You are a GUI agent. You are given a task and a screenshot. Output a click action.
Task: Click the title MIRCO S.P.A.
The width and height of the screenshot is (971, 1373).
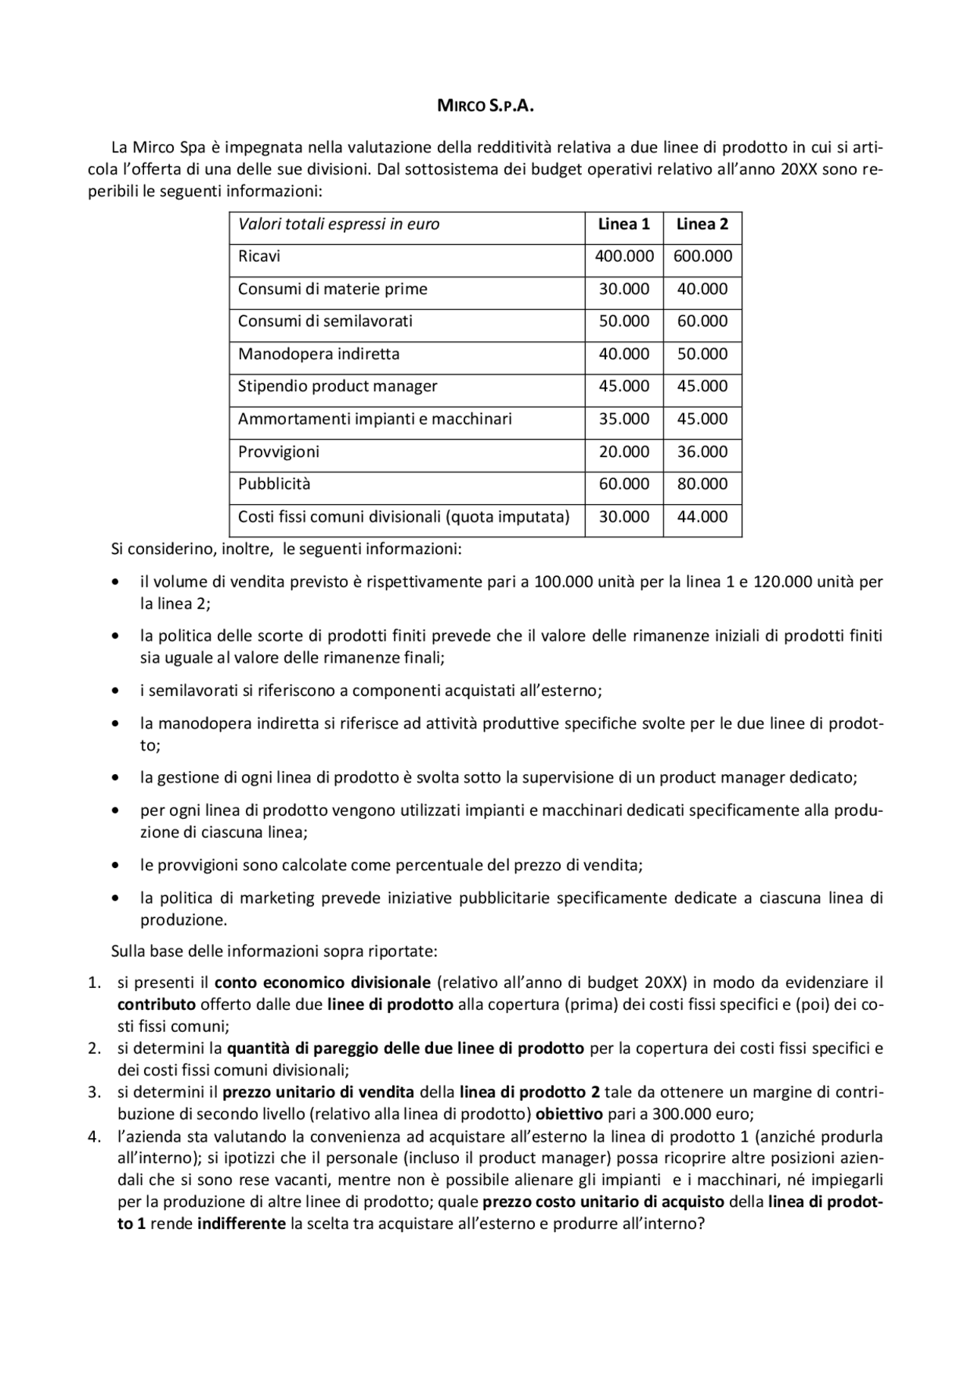(x=485, y=106)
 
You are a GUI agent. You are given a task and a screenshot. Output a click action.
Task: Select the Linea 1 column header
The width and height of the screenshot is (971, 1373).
(x=624, y=224)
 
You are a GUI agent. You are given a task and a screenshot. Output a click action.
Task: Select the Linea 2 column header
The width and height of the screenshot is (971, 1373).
(x=702, y=224)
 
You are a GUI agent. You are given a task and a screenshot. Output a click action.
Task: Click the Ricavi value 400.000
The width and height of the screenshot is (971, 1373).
(x=624, y=256)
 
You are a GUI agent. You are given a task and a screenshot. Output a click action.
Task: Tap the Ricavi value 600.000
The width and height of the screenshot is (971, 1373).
(x=702, y=256)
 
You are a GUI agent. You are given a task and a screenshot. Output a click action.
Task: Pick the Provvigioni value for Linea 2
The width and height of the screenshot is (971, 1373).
(x=702, y=452)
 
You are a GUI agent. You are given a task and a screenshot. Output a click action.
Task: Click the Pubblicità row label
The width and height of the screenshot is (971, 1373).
(x=274, y=484)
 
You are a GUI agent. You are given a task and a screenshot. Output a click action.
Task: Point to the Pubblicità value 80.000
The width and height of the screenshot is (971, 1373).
(x=702, y=484)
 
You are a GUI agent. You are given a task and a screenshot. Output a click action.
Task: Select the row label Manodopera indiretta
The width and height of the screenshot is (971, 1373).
(x=319, y=354)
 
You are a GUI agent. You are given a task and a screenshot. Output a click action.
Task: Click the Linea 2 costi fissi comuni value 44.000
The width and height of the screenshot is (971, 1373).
(x=702, y=517)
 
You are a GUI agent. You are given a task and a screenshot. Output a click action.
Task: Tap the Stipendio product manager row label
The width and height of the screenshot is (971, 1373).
(x=338, y=387)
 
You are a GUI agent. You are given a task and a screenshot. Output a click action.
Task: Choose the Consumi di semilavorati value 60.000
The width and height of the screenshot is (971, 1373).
(x=702, y=321)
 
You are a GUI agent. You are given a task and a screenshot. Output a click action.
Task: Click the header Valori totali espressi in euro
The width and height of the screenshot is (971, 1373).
(x=338, y=224)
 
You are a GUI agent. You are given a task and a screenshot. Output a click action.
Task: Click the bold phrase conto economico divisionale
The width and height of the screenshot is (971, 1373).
(x=322, y=983)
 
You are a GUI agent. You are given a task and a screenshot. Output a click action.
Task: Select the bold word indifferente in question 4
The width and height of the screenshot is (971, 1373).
(x=241, y=1224)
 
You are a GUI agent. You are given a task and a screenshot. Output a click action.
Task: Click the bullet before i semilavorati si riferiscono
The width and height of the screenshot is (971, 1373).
(x=115, y=691)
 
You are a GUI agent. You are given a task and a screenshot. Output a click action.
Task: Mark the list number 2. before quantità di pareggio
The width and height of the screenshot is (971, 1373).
(x=95, y=1049)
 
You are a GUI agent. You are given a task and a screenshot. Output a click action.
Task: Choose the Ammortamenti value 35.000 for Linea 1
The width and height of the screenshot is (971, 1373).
(x=624, y=419)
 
